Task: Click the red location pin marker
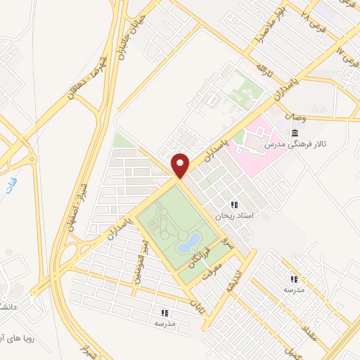(181, 165)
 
